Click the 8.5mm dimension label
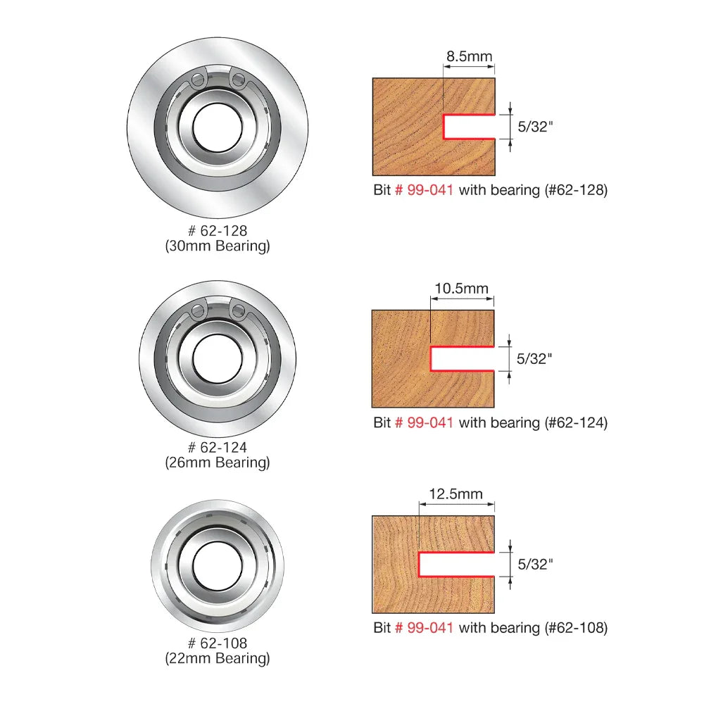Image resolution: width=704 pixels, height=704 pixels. [469, 56]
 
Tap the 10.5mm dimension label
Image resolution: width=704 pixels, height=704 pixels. [461, 288]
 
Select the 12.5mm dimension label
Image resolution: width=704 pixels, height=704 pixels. [455, 494]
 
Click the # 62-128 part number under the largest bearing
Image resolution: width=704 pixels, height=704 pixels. [218, 231]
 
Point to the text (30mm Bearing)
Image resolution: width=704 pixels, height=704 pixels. [218, 246]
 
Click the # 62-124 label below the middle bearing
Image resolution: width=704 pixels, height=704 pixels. [218, 447]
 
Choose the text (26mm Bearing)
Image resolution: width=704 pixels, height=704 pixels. [218, 463]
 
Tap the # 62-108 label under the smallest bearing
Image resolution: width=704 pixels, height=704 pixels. [218, 643]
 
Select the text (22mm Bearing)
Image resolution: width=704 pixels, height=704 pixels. [218, 658]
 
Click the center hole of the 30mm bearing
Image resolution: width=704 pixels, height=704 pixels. [218, 127]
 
